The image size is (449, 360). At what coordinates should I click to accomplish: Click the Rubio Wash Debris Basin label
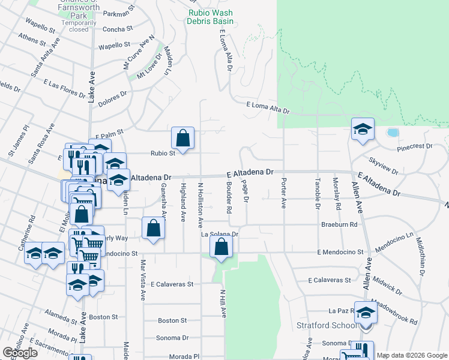pos(211,17)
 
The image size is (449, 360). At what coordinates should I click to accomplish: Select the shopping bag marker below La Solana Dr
pos(221,246)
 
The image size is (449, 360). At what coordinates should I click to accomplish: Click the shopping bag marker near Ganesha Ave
pos(154,227)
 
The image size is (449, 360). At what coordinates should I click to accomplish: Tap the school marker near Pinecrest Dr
pos(363,130)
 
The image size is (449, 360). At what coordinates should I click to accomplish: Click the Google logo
pos(20,353)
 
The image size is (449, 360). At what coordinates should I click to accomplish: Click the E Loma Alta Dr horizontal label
pos(268,109)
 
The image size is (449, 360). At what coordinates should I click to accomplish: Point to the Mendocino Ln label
pos(394,241)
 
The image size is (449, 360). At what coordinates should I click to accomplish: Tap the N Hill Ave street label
pos(222,304)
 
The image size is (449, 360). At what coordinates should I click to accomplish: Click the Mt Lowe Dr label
pos(149,70)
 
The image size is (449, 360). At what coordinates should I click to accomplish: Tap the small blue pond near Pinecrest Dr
pos(393,132)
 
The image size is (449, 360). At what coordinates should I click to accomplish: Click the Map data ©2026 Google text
pos(412,355)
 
